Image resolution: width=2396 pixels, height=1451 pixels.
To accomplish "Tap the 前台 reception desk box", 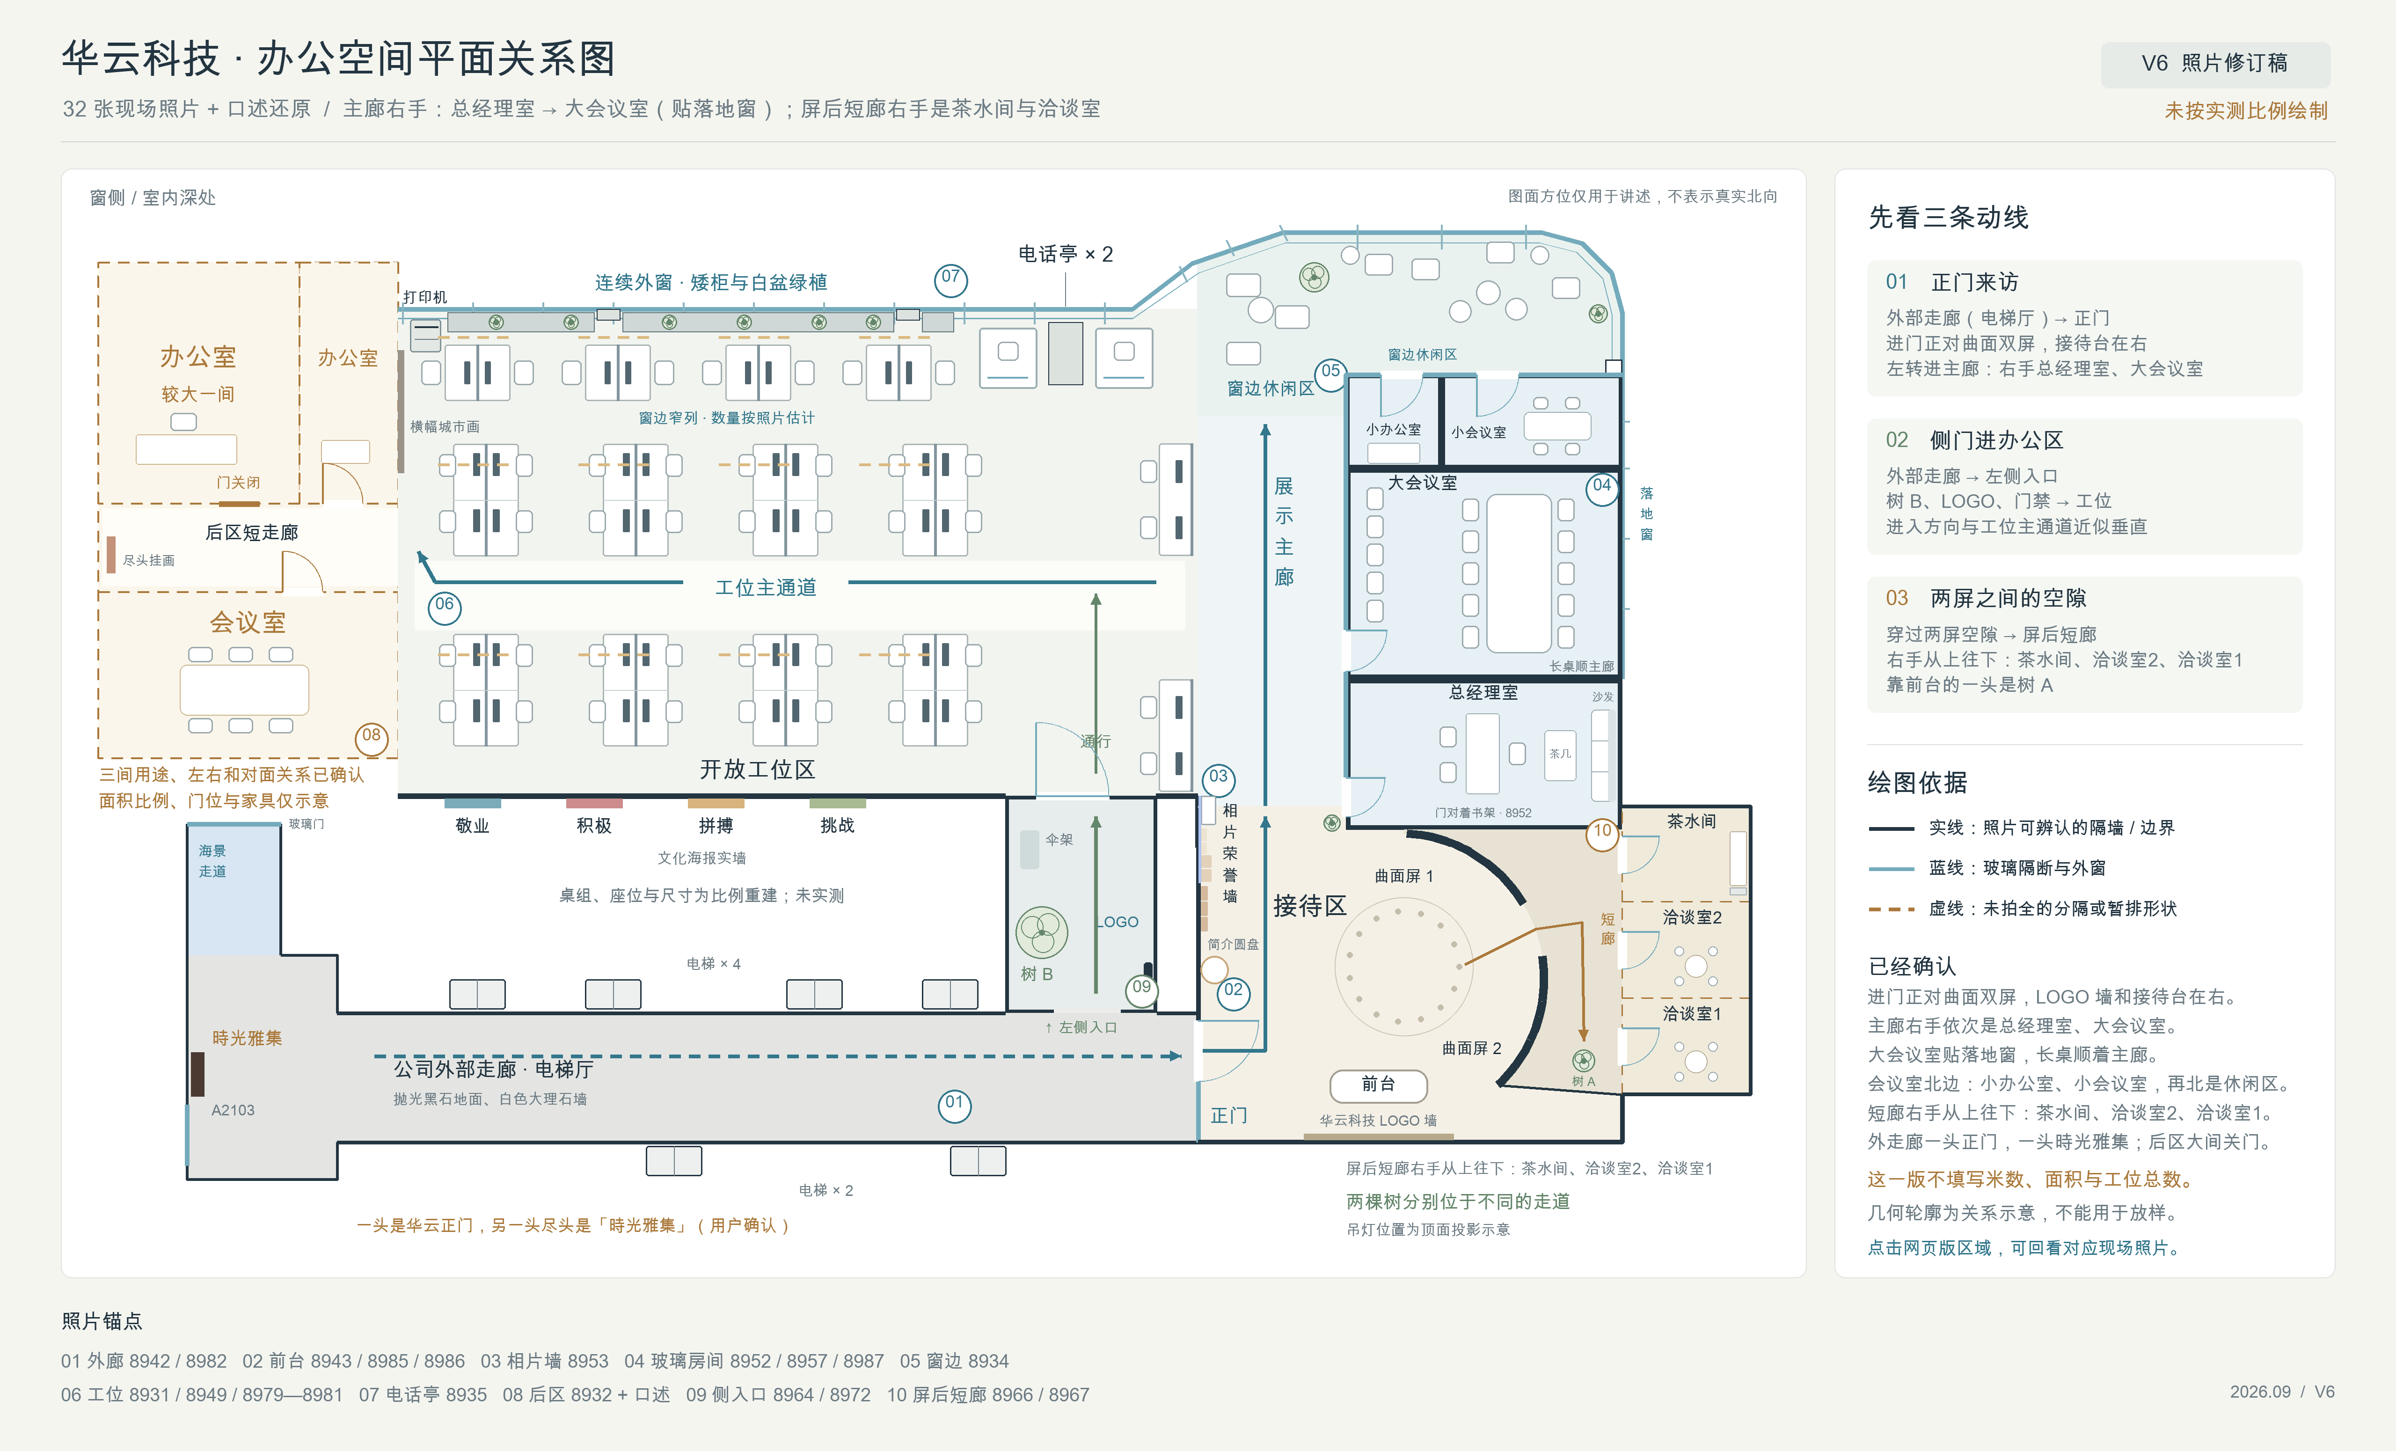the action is pos(1378,1085).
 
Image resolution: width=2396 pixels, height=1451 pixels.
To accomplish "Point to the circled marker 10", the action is pos(1601,831).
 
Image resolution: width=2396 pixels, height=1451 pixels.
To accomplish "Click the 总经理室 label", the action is pos(1483,692).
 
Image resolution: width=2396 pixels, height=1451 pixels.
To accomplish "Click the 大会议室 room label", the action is pos(1422,483).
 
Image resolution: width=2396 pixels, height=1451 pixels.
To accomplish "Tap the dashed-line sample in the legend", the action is pos(1892,909).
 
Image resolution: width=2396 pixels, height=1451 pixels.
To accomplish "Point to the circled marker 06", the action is pos(445,606).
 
